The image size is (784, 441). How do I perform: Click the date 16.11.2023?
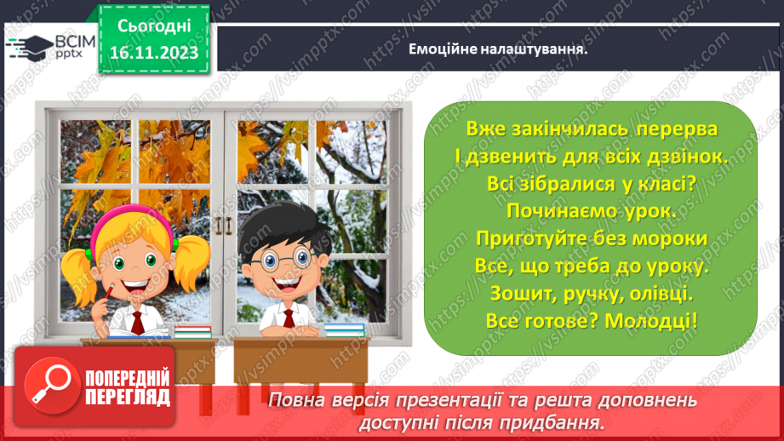pos(154,53)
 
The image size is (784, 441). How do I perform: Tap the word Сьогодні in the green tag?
pos(154,26)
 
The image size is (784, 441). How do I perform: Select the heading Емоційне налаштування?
pos(498,49)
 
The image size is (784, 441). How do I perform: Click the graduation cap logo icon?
pos(29,48)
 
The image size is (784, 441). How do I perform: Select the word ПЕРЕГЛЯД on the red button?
pos(128,398)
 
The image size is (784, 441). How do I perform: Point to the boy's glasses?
pos(283,260)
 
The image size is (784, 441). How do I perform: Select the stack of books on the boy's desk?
pos(344,330)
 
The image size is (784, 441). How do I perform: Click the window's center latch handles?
pos(224,226)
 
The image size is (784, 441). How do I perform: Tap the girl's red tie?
pos(138,323)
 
